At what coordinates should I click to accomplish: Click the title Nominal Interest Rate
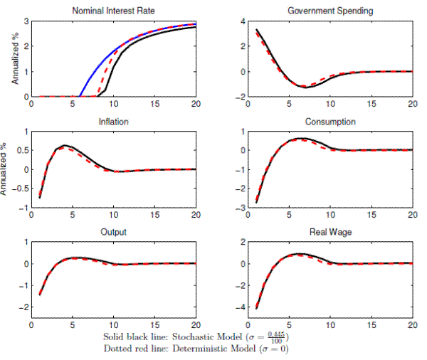pyautogui.click(x=115, y=11)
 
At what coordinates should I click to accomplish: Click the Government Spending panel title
pyautogui.click(x=330, y=11)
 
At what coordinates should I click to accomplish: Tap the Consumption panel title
pyautogui.click(x=330, y=122)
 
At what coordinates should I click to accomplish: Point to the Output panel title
pyautogui.click(x=114, y=231)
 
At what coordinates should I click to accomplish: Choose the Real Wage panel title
pyautogui.click(x=330, y=231)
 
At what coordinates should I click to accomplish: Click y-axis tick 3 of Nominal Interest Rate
pyautogui.click(x=25, y=21)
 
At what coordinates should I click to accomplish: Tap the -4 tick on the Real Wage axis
pyautogui.click(x=240, y=308)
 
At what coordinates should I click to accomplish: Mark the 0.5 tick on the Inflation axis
pyautogui.click(x=22, y=150)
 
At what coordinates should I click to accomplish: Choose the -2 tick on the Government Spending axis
pyautogui.click(x=240, y=97)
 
